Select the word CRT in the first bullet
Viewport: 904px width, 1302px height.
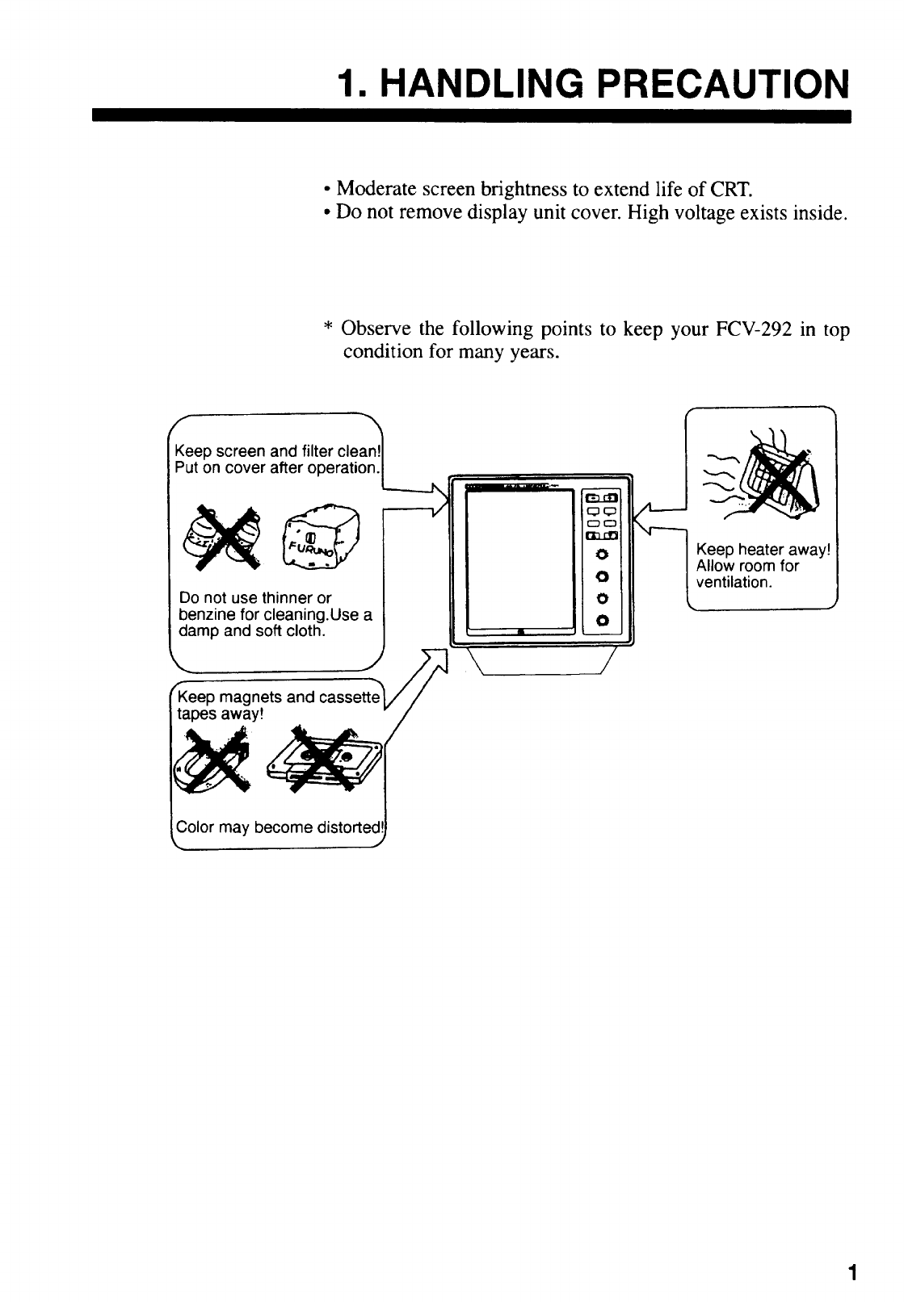pyautogui.click(x=733, y=190)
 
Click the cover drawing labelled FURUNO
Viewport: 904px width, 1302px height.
pyautogui.click(x=319, y=536)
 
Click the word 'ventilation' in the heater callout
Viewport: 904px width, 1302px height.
pyautogui.click(x=734, y=581)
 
